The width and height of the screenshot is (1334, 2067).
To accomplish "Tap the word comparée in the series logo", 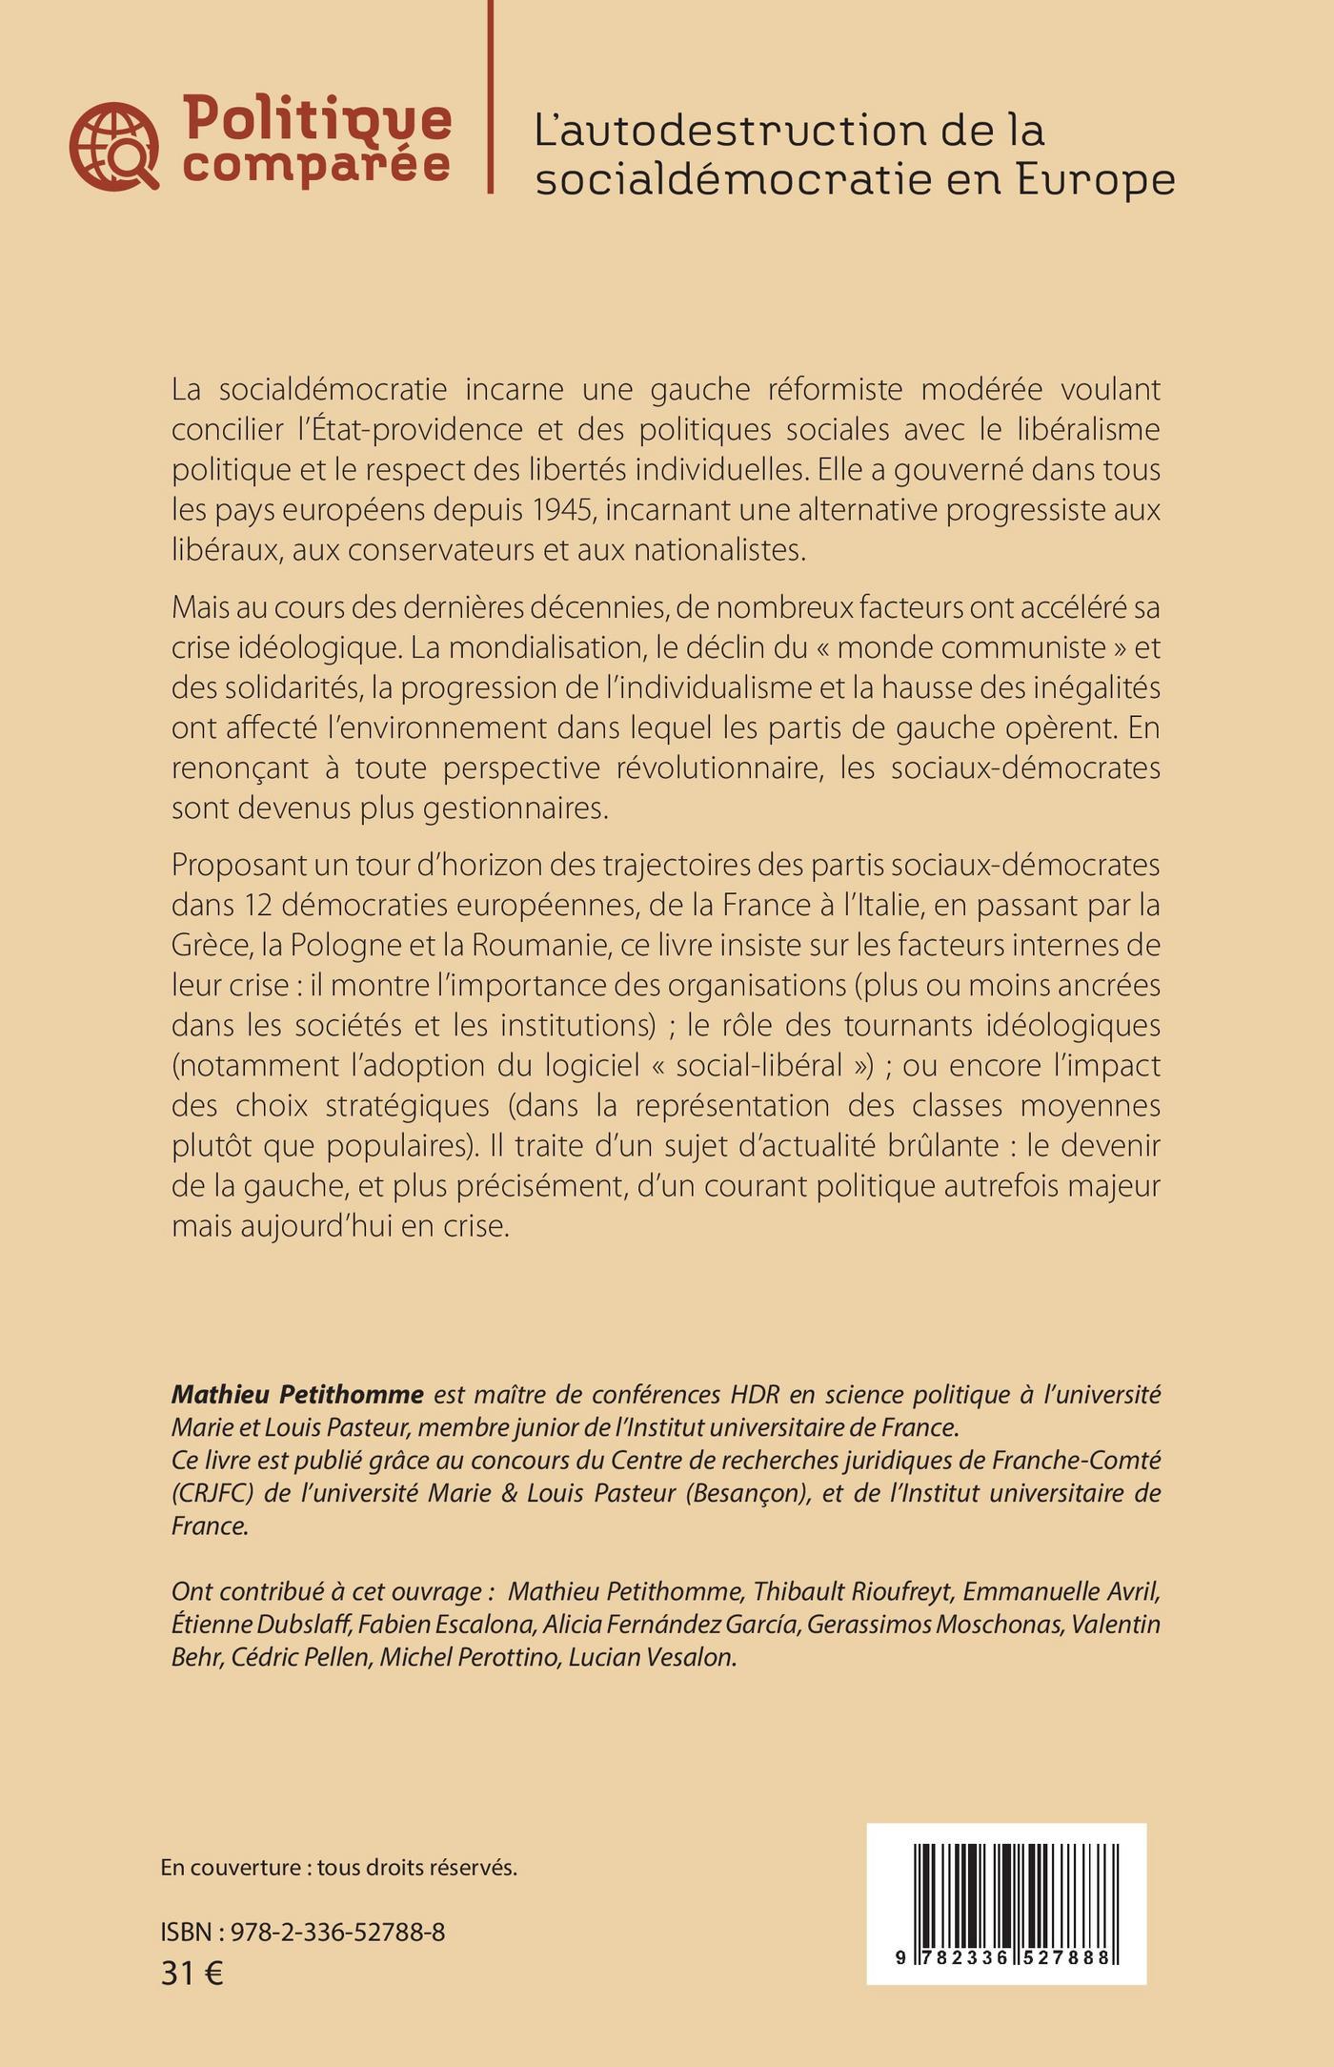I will [316, 164].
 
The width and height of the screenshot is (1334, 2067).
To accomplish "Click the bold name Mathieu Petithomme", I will [297, 1395].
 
